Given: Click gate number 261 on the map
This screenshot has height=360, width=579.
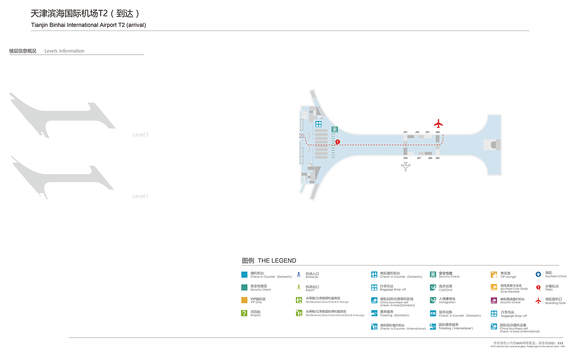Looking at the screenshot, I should point(405,132).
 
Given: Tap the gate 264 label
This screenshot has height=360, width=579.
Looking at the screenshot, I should point(438,132).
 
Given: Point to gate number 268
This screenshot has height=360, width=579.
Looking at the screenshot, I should point(405,158).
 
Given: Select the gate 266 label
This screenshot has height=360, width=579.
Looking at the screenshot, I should point(430,158).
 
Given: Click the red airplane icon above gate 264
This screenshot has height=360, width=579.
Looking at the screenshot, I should point(438,123).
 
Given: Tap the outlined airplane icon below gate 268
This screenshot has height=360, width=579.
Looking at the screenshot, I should point(406,166).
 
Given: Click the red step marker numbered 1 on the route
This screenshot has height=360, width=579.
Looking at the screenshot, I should point(337,142).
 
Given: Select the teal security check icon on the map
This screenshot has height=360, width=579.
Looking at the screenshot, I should point(334,129).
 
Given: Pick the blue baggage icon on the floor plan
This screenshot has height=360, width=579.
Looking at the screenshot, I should point(318,124).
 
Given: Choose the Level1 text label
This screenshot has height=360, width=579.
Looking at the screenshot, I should point(140,196).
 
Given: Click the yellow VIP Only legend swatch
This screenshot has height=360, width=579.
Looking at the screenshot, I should point(244,300).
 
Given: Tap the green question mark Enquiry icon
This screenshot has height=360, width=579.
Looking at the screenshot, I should point(244,313).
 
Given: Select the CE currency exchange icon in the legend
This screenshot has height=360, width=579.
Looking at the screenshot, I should point(433,313).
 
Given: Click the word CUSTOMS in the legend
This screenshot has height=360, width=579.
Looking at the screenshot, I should point(446,290).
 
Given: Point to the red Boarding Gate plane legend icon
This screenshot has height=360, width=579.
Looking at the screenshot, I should point(538,301).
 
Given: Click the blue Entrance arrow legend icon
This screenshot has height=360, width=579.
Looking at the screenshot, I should point(299,274).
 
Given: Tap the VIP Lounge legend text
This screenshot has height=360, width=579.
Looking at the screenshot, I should point(508,277).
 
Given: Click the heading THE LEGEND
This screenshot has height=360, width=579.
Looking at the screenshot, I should point(277,260).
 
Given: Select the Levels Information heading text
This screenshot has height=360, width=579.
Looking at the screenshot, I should point(64,51).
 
